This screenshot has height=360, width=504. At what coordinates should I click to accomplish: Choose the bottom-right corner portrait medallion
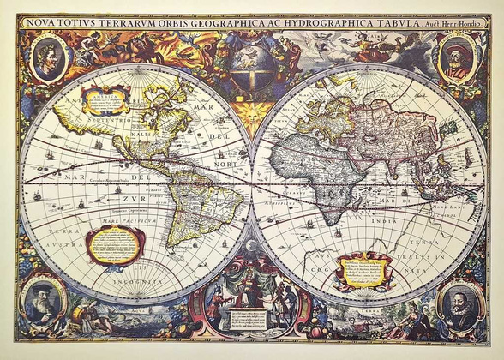tap(459, 303)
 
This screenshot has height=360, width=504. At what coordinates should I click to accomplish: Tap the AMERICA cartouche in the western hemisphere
tap(105, 100)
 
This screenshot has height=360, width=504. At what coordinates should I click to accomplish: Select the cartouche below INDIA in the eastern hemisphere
tap(363, 271)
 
